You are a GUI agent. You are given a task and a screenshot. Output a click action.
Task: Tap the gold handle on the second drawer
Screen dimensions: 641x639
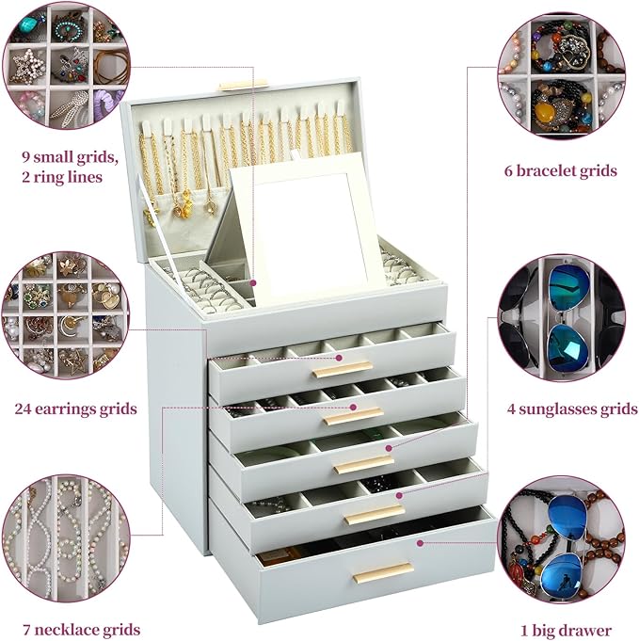click(x=354, y=415)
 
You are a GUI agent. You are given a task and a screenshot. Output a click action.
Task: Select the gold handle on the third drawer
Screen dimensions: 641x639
click(x=363, y=464)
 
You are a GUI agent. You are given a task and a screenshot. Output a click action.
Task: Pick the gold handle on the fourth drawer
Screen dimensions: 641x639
click(x=374, y=514)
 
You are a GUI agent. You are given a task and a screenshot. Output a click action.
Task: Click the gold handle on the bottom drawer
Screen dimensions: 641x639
click(x=382, y=572)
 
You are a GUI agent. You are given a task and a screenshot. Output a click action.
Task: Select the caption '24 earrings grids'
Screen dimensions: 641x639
click(x=75, y=409)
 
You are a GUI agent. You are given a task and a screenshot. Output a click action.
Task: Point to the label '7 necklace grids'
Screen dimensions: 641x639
click(x=77, y=630)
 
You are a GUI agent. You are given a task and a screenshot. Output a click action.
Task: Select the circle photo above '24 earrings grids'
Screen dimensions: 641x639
click(x=63, y=315)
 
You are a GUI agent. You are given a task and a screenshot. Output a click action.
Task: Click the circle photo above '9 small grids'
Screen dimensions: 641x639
click(x=63, y=65)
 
